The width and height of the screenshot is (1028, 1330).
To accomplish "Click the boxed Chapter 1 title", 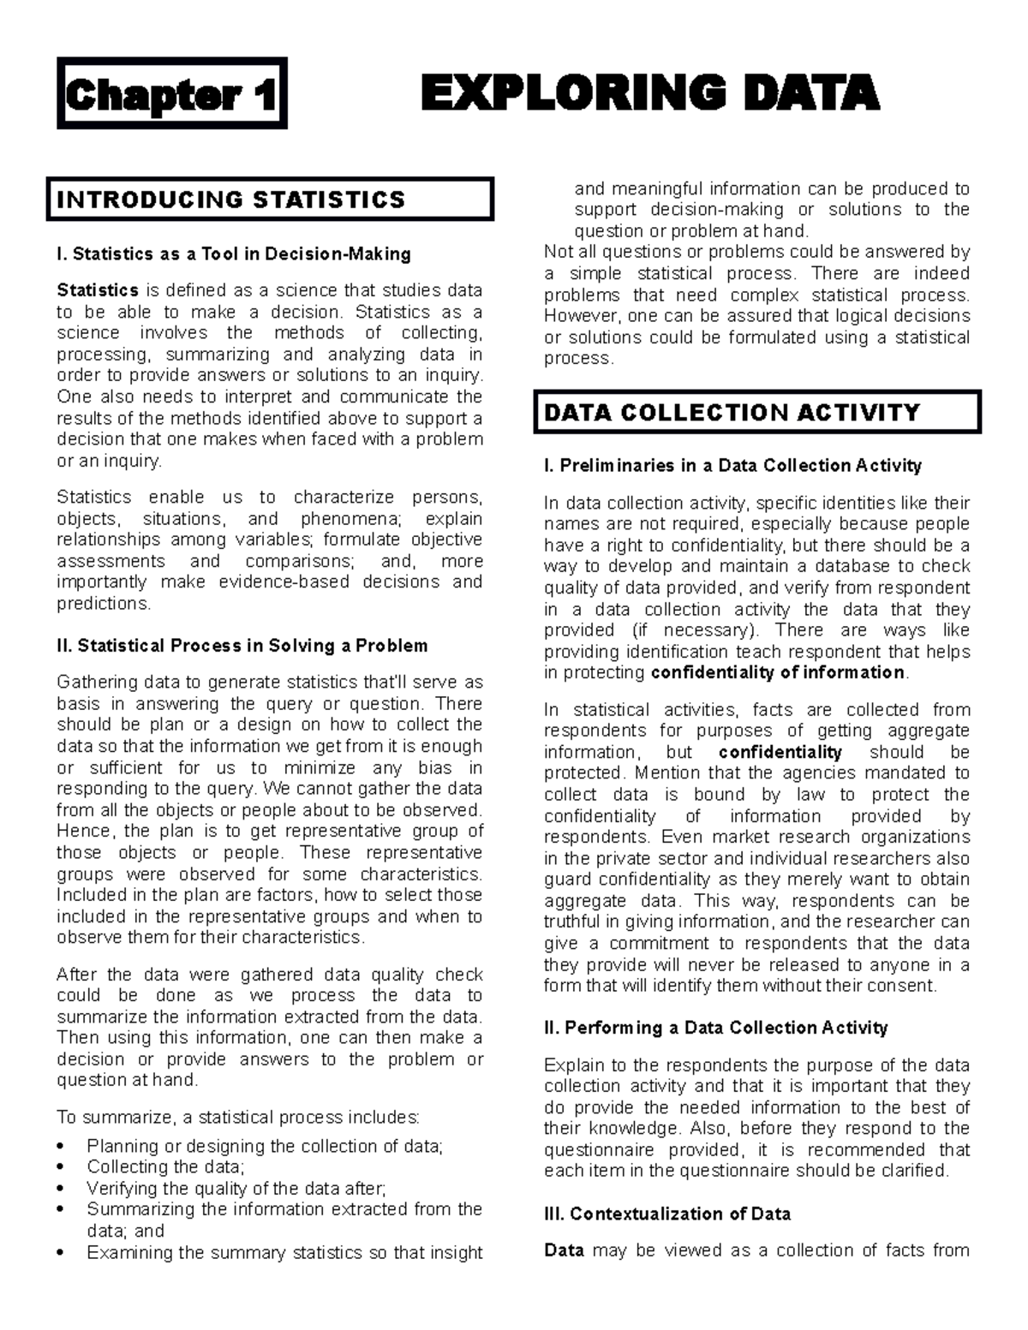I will point(171,94).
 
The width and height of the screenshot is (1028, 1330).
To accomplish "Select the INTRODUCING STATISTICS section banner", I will point(270,200).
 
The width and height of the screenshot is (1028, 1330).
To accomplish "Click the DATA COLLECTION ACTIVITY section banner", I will point(756,413).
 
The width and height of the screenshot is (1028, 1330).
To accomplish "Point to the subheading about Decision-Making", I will point(233,254).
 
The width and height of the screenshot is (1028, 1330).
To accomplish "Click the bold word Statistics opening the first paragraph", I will point(97,290).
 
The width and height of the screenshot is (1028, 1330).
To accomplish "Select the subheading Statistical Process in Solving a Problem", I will point(242,646).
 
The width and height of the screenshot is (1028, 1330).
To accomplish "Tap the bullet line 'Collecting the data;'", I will point(165,1167).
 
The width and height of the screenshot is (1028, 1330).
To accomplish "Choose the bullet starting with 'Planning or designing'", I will point(265,1146).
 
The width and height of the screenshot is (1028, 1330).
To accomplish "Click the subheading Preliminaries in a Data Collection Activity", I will point(732,466).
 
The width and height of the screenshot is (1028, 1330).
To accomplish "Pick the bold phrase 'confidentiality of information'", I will point(778,673).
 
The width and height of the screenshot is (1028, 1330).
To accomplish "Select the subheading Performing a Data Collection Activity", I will point(715,1028).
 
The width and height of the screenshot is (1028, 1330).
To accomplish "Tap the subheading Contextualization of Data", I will point(667,1214).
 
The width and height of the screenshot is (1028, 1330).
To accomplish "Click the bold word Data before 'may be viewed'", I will point(564,1251).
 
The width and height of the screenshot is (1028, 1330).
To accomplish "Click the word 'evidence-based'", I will point(284,582).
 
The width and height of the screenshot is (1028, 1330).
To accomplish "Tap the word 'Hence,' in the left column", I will point(84,832).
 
